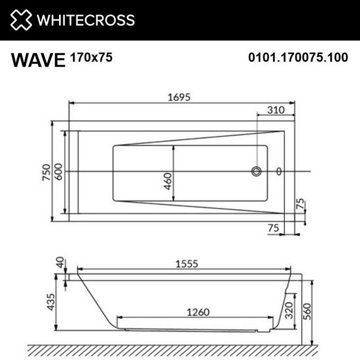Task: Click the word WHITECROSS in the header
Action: coord(86,20)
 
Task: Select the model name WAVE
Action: coord(38,60)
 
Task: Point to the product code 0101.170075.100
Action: coord(298,57)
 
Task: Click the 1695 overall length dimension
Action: coord(179,97)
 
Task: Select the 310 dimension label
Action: coord(276,110)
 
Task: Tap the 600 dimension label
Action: coord(59,172)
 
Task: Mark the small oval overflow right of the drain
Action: coord(279,171)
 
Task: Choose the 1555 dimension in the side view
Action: coord(186,264)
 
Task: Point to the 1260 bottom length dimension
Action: coord(197,312)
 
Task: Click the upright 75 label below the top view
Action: coord(273,228)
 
